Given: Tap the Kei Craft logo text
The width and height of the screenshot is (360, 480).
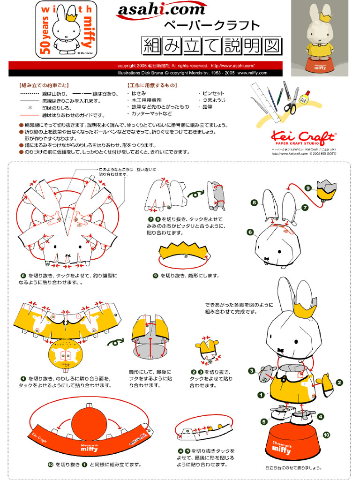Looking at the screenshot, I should coord(303,137).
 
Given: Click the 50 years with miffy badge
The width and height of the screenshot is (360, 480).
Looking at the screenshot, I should coord(66,29).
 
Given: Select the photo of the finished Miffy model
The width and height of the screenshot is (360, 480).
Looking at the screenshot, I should coord(320,37).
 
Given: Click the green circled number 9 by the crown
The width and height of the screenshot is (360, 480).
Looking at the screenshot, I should coord(308,188).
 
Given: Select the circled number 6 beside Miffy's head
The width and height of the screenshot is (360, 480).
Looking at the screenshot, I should coord(250,232).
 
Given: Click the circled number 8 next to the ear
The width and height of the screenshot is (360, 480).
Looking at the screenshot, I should coord(254,202).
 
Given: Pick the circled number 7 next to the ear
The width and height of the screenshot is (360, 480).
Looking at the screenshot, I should coord(305,207).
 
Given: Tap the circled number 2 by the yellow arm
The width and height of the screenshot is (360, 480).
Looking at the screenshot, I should coord(339,382).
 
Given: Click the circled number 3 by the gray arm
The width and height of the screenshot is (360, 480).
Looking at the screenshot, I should coord(252,371).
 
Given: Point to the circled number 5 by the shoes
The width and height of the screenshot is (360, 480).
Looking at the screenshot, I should coord(264,421).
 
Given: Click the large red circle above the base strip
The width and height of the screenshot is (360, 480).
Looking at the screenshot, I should coord(89,423).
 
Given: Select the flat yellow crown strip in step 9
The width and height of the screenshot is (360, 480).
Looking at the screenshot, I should coord(184,253).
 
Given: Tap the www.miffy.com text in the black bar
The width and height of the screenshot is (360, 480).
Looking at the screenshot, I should coord(252,73).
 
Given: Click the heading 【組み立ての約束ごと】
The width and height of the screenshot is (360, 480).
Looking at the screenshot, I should coord(44,85).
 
